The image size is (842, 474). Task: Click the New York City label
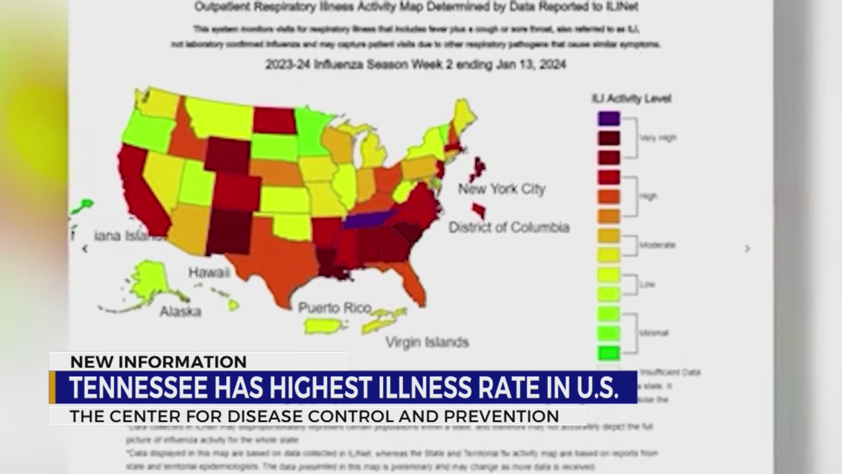[x=502, y=189]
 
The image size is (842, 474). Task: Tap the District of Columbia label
[x=509, y=227]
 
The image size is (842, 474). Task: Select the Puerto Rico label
[x=335, y=308]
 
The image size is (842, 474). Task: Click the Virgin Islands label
[x=427, y=342]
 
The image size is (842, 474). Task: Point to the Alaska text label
[x=180, y=312]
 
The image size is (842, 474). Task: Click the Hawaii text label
[x=209, y=273]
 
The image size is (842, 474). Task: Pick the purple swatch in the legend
[x=609, y=118]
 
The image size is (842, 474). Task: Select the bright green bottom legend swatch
[x=609, y=352]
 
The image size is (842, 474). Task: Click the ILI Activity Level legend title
[x=631, y=98]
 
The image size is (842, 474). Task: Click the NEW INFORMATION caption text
[x=158, y=362]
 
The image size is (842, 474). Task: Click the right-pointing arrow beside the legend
[x=747, y=249]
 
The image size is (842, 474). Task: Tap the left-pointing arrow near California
[x=85, y=249]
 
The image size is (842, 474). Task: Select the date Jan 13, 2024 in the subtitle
[x=531, y=65]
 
